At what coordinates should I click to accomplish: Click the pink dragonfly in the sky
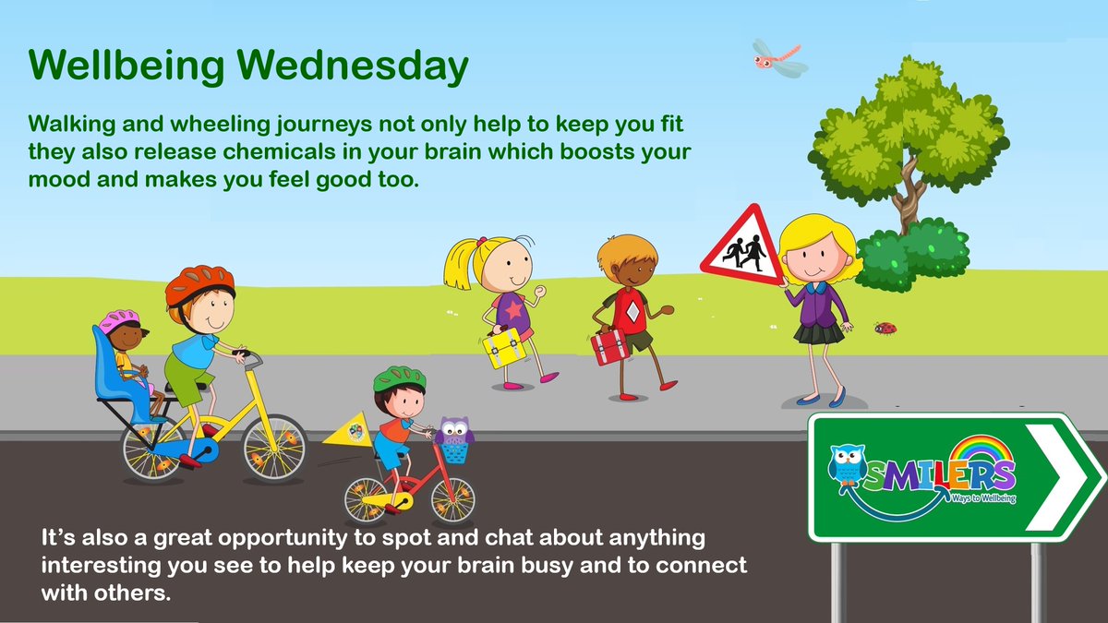point(778,58)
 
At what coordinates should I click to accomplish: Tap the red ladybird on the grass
point(885,328)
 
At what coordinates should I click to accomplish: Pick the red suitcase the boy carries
point(610,346)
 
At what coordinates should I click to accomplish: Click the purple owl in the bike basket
point(453,432)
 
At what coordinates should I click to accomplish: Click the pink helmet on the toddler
point(118,321)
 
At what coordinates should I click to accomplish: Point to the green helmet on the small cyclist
point(399,378)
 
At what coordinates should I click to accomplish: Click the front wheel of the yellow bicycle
point(274,447)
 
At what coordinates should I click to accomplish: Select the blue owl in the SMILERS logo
point(847,473)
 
